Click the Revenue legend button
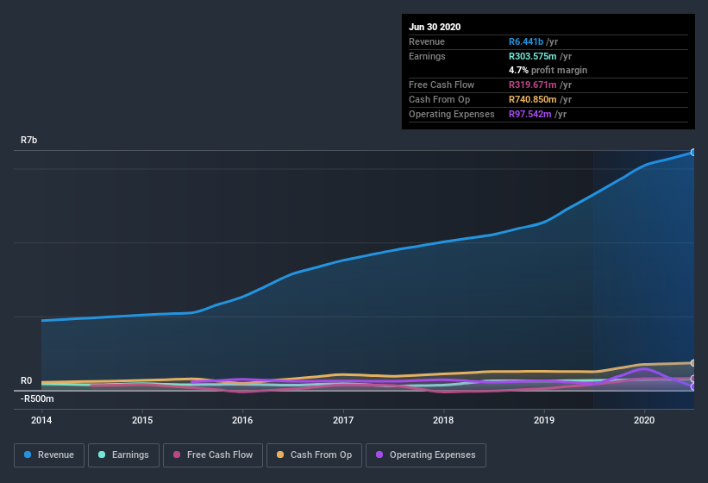[49, 455]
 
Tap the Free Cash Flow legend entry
[212, 455]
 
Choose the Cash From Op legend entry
[315, 455]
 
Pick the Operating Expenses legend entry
[425, 455]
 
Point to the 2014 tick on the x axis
[41, 420]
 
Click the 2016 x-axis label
[242, 420]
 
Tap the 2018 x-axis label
[443, 420]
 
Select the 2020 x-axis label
[644, 420]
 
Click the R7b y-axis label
[29, 140]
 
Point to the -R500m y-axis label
[38, 398]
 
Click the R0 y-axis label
[27, 380]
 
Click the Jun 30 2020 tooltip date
[435, 27]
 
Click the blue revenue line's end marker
[692, 152]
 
